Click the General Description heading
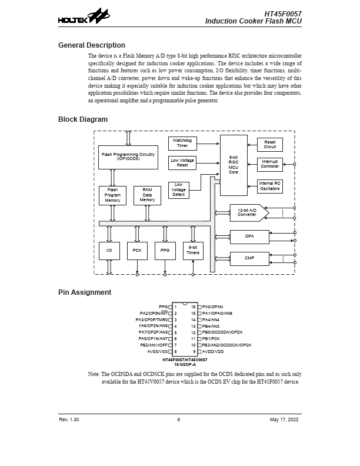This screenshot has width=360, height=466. click(91, 45)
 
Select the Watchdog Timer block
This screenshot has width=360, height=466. click(182, 144)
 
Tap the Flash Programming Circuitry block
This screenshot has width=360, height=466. click(128, 157)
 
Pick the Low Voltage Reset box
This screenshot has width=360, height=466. click(182, 163)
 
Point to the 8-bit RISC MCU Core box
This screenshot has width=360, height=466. click(234, 165)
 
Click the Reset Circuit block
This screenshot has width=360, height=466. click(269, 145)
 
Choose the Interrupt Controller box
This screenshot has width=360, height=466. click(269, 165)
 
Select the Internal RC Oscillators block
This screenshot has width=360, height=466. click(269, 187)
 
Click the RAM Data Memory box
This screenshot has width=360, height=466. click(147, 195)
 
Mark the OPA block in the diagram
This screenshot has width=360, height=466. click(249, 237)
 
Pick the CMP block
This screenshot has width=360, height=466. click(249, 258)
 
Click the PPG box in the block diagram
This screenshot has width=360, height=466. click(165, 251)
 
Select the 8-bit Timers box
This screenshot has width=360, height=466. click(193, 251)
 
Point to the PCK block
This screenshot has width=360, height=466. click(137, 251)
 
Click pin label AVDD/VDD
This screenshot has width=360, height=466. click(213, 351)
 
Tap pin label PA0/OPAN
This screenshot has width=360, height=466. click(212, 307)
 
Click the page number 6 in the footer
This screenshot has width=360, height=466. click(179, 420)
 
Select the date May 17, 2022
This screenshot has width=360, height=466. click(285, 420)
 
